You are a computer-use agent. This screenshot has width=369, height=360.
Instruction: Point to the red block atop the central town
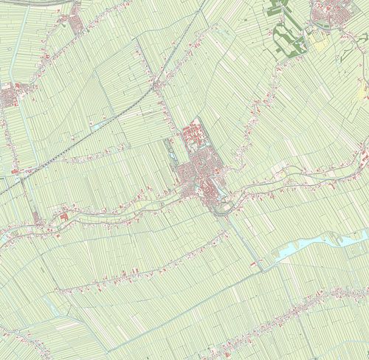point(193,134)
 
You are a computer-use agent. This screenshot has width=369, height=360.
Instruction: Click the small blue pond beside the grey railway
point(97,126)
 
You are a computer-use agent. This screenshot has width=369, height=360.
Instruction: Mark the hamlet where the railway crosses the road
point(158,85)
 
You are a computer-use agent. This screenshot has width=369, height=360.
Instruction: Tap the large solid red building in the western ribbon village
point(65,217)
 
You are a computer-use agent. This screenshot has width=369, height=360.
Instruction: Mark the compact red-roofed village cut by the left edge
point(9,95)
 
